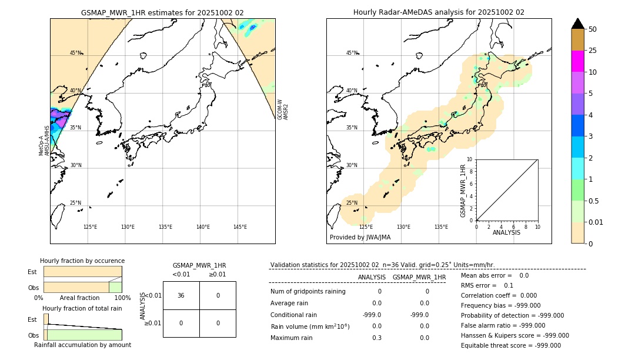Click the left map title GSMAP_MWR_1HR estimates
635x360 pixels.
[x=162, y=12]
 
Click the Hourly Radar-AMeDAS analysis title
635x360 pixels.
[x=439, y=12]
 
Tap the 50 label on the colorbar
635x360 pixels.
[x=593, y=29]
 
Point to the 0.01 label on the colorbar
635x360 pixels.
[x=596, y=222]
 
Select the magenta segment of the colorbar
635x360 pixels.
[x=577, y=61]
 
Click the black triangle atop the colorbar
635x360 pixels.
[x=577, y=24]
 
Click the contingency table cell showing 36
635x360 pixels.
[x=181, y=295]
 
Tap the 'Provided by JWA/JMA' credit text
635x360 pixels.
[x=360, y=238]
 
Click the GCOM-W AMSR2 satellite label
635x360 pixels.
[x=283, y=109]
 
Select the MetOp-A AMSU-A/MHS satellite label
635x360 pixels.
[x=45, y=141]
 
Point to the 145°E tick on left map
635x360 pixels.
[x=240, y=227]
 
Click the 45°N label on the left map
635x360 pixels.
[x=75, y=53]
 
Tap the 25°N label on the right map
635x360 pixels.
[x=351, y=203]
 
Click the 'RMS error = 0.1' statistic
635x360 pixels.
[x=487, y=285]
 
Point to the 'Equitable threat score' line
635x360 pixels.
[x=510, y=345]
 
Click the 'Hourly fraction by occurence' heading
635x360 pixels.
[x=82, y=261]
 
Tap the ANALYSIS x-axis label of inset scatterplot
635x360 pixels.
[x=506, y=232]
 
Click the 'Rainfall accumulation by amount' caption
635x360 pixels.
[x=82, y=345]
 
